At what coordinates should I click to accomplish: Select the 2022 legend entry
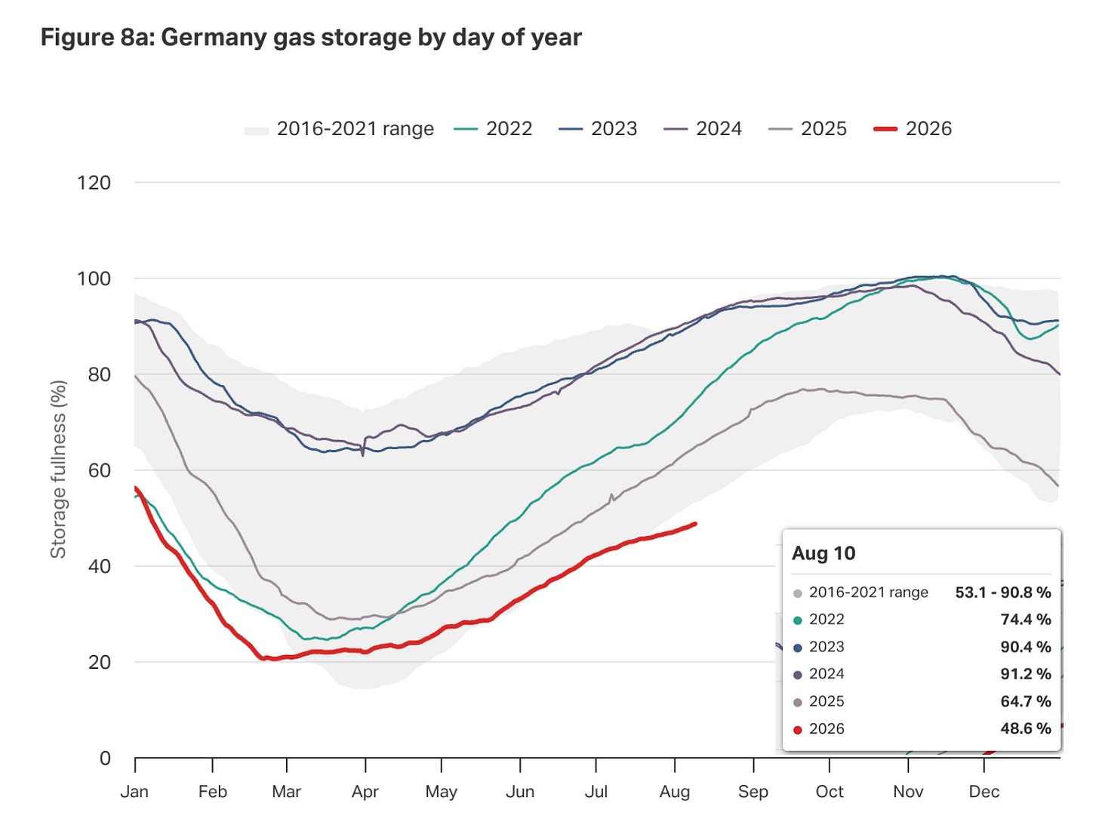click(493, 128)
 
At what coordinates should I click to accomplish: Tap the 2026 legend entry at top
click(913, 128)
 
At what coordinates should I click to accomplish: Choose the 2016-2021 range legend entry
click(339, 128)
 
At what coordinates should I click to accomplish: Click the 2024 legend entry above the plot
click(703, 128)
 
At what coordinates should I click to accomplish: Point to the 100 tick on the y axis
click(94, 279)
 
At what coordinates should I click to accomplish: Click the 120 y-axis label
click(94, 183)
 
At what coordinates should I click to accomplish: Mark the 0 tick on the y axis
click(105, 759)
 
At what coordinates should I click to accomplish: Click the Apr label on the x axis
click(365, 792)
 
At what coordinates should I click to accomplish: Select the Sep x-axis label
click(753, 792)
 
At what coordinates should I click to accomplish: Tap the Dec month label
click(984, 792)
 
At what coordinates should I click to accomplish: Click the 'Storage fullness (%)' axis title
click(58, 469)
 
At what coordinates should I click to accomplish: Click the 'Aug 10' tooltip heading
click(823, 553)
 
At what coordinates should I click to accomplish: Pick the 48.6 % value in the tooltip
click(1025, 728)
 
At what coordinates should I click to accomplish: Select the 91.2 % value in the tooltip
click(1025, 674)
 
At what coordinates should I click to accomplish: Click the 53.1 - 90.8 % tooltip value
click(1003, 593)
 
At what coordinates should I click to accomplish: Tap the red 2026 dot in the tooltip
click(798, 730)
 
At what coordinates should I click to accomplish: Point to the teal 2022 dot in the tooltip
click(798, 620)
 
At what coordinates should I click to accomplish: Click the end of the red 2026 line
click(695, 524)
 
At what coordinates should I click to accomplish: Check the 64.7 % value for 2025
click(1025, 701)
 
